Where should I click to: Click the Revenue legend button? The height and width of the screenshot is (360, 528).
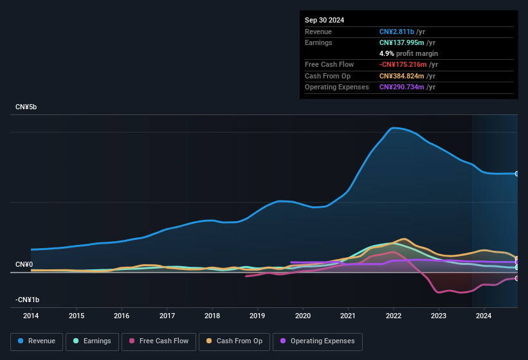coord(37,341)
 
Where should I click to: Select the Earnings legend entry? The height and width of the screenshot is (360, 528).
coord(93,341)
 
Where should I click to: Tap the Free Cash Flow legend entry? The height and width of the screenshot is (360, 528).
coord(158,341)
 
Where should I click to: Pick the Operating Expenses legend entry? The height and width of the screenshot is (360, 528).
coord(318,341)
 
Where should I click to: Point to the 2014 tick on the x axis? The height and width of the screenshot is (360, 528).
coord(31,316)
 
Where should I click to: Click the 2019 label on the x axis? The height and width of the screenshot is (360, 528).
coord(257,316)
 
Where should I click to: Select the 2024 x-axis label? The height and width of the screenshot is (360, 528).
coord(484,316)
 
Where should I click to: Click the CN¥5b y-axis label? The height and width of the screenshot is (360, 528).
coord(26,107)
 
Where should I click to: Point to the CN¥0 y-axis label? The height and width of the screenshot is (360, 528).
coord(24,264)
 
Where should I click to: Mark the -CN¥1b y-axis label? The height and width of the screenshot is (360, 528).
coord(28,300)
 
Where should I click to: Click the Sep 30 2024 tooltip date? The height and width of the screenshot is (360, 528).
coord(324,20)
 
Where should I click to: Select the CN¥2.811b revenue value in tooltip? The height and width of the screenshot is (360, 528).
coord(397,32)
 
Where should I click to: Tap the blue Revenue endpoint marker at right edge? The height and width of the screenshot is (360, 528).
coord(516,174)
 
